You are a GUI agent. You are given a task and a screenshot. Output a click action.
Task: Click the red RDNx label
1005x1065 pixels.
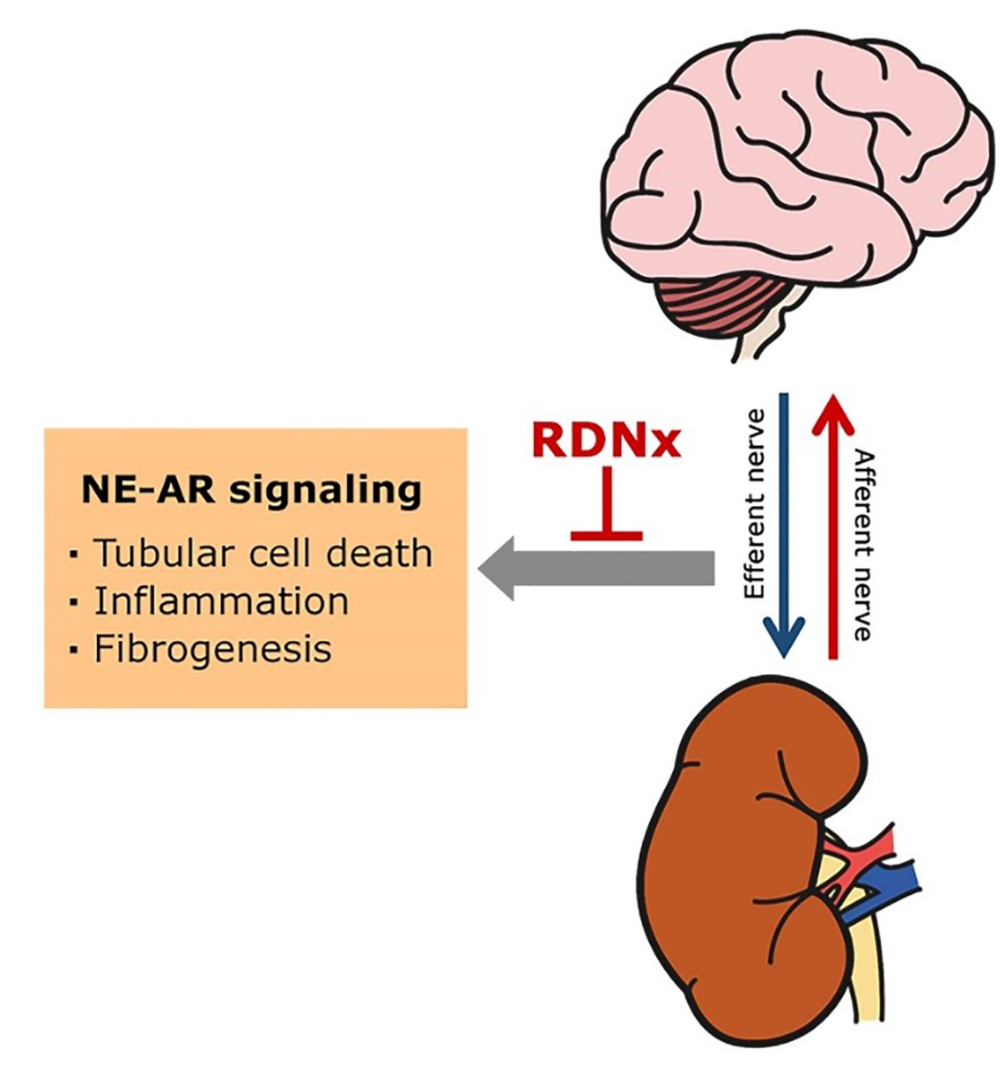tap(605, 439)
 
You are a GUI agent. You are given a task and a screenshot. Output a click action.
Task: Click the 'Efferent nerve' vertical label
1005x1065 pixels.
tap(756, 504)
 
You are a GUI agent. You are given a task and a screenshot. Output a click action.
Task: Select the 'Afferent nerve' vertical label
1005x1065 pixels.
tap(863, 545)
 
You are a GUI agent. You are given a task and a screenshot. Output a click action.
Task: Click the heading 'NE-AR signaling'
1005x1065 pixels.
tap(251, 489)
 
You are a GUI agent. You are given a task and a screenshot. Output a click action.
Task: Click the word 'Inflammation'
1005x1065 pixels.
tap(221, 601)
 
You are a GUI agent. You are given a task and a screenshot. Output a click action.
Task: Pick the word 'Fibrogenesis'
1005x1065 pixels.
tap(213, 648)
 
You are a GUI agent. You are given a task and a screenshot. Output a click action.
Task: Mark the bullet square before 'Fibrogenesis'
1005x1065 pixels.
tap(73, 651)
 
